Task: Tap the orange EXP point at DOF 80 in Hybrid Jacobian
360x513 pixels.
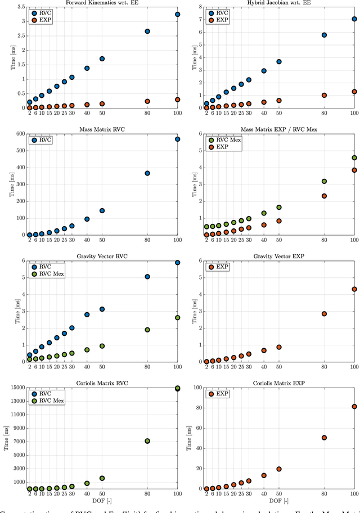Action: coord(324,95)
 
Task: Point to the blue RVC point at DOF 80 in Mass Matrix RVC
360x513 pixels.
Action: coord(147,173)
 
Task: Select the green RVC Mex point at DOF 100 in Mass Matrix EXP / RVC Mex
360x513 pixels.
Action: coord(354,158)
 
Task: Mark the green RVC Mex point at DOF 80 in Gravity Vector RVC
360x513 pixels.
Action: coord(147,330)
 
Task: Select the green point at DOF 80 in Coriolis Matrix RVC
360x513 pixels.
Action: coord(147,441)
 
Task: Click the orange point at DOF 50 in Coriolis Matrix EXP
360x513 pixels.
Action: coord(278,469)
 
